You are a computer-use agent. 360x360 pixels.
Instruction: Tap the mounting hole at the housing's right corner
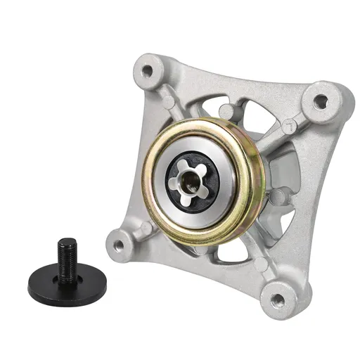point(320,101)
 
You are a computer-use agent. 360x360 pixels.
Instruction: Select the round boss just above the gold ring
point(226,111)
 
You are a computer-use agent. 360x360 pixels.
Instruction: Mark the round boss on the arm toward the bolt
point(146,229)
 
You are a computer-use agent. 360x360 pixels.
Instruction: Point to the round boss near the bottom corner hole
point(262,264)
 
